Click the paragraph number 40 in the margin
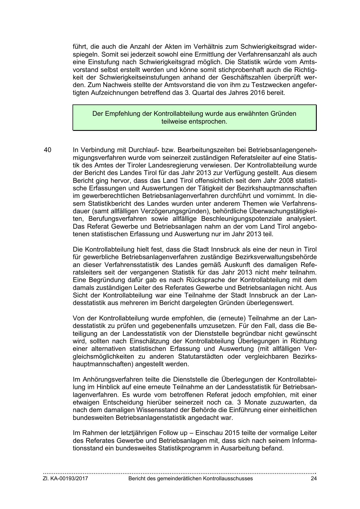(48, 150)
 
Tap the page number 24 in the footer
(313, 479)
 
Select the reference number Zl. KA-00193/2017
(65, 479)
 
